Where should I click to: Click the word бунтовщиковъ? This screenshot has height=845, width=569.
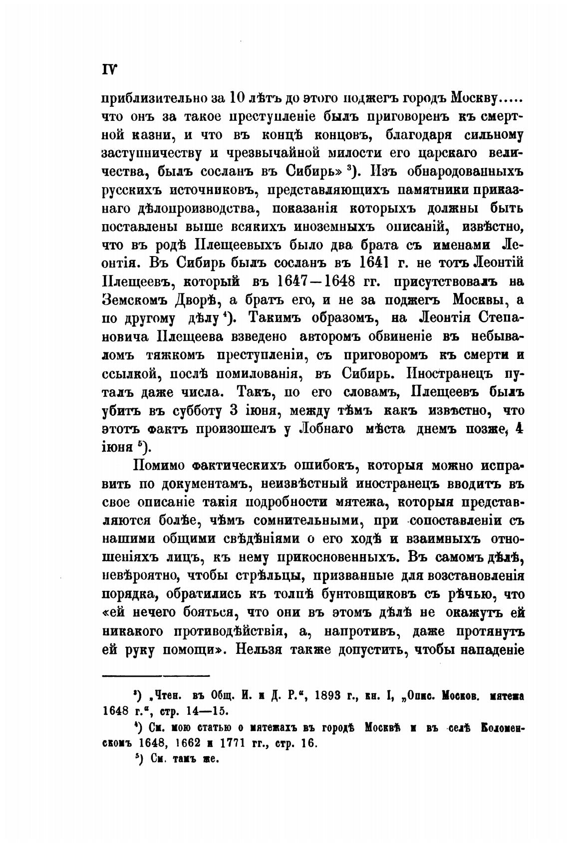pos(384,594)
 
